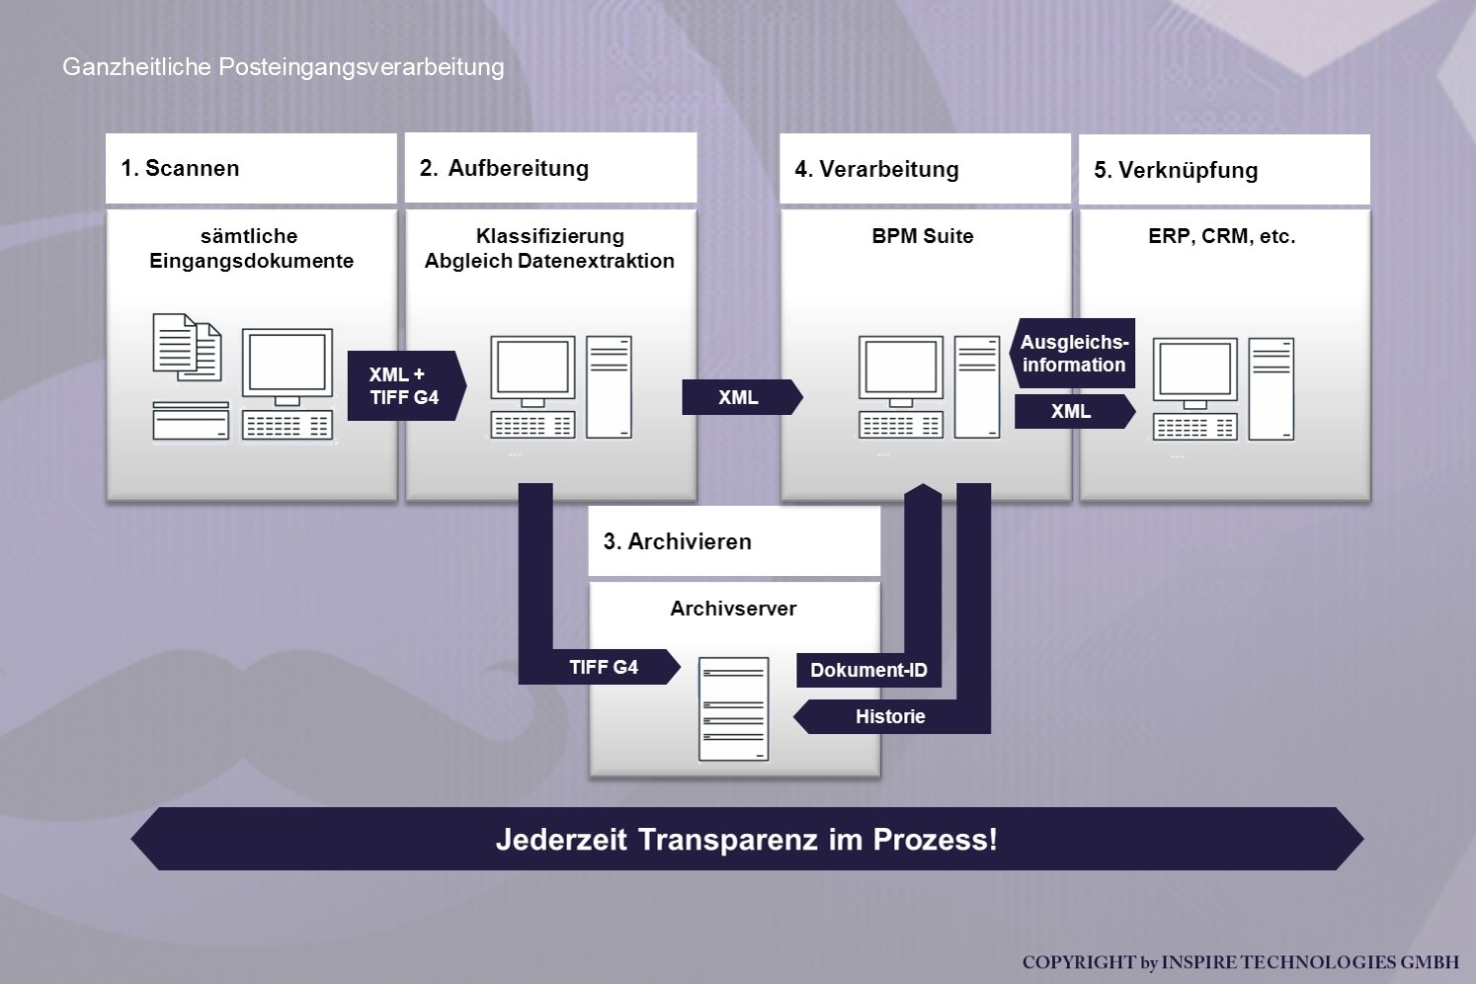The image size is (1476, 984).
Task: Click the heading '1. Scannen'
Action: tap(180, 168)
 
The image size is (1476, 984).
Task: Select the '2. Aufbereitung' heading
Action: tap(504, 168)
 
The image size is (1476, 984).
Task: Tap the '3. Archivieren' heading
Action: tap(678, 541)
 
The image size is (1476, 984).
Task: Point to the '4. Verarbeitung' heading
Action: tap(876, 169)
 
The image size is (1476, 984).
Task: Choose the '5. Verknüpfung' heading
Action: tap(1176, 170)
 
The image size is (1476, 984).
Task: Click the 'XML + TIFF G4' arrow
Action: tap(404, 386)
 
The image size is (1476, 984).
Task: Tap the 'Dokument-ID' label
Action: tap(868, 670)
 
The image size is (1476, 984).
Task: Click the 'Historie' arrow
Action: tap(890, 716)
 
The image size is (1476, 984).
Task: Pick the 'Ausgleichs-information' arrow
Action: tap(1074, 354)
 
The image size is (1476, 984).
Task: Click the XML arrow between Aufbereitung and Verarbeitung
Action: tap(739, 397)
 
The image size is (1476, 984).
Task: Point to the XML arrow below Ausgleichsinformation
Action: tap(1072, 411)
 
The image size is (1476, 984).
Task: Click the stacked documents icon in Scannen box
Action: tap(187, 347)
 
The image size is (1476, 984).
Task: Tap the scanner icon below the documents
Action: tap(191, 421)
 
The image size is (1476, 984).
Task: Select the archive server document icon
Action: tap(733, 709)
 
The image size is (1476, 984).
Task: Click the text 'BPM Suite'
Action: tap(923, 236)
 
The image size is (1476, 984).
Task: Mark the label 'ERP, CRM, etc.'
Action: tap(1221, 236)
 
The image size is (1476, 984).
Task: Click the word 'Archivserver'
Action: tap(733, 609)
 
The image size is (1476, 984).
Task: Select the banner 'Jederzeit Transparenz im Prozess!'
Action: tap(747, 839)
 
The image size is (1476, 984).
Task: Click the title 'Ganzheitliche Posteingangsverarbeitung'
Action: tap(284, 66)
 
